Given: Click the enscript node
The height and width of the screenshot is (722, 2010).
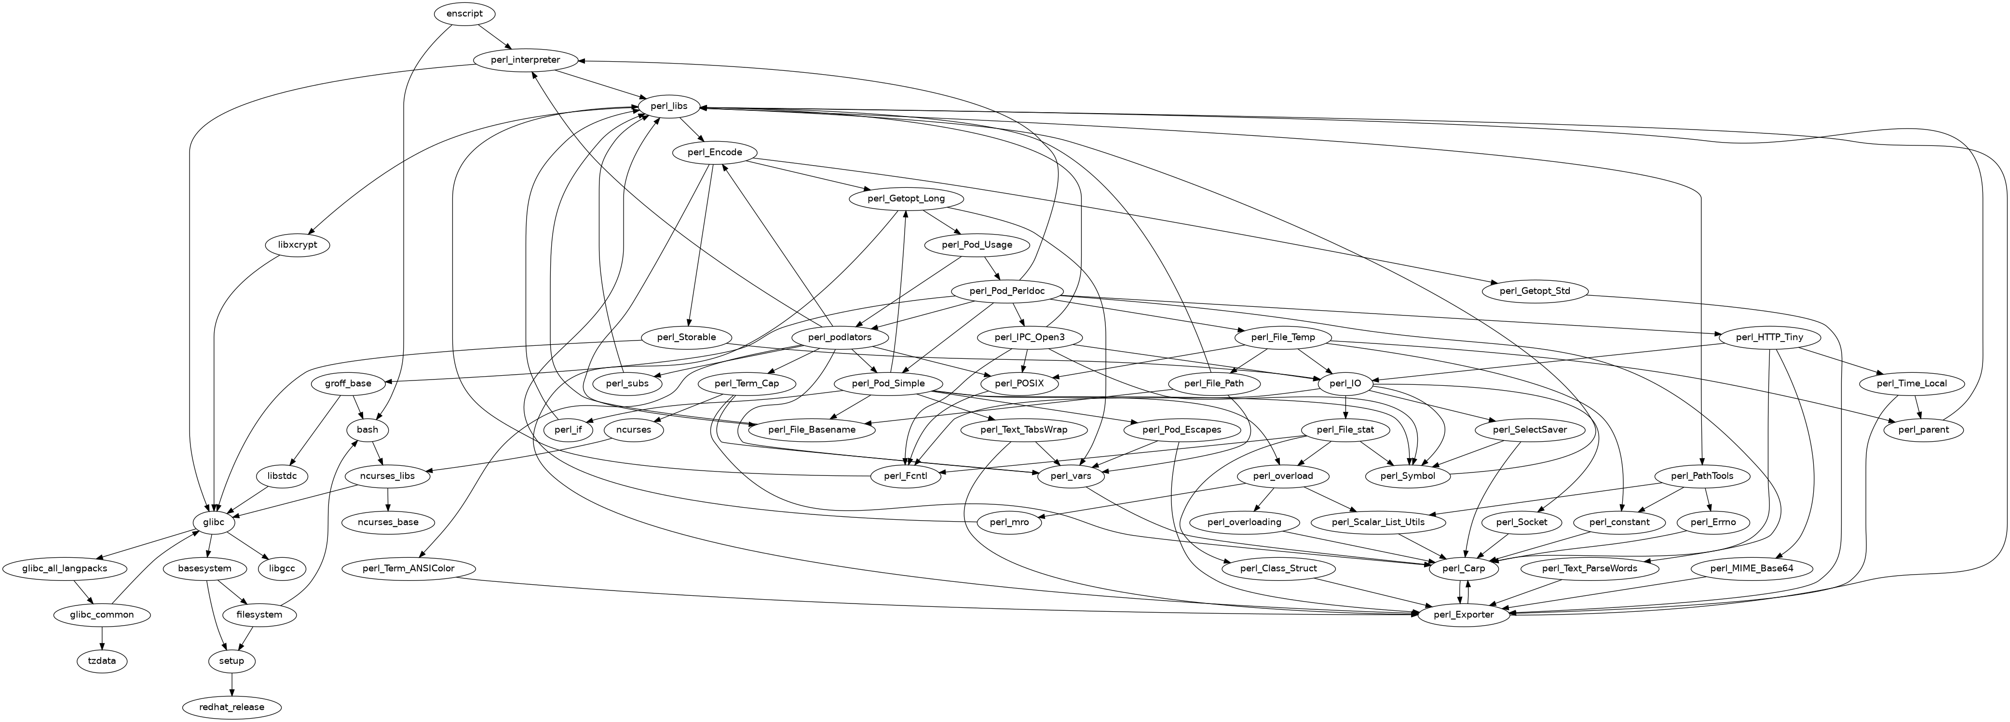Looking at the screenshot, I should tap(464, 13).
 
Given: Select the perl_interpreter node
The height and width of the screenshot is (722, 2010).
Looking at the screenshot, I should tap(526, 60).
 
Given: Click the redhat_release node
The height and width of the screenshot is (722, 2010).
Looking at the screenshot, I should tap(232, 707).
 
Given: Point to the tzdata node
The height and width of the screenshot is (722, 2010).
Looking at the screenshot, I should tap(102, 661).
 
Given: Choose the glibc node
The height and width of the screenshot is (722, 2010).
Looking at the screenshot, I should tap(213, 523).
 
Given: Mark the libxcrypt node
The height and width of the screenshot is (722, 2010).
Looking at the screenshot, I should tap(297, 245).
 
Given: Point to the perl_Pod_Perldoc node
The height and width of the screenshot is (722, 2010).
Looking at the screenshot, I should tap(1012, 291).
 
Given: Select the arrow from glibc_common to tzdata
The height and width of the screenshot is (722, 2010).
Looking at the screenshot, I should tap(102, 638).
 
